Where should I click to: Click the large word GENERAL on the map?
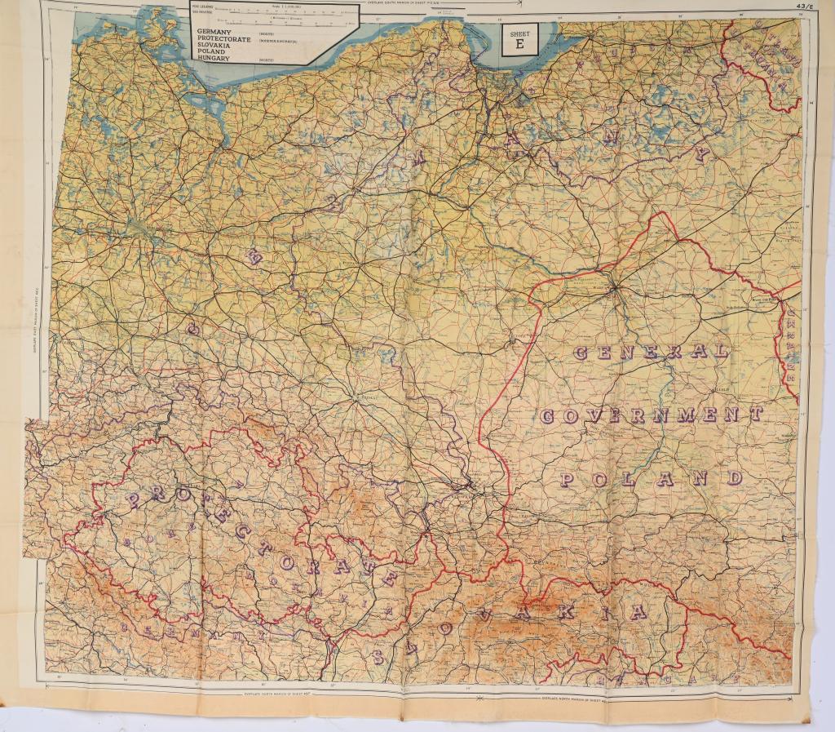651,353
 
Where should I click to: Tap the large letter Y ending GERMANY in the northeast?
701,153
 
